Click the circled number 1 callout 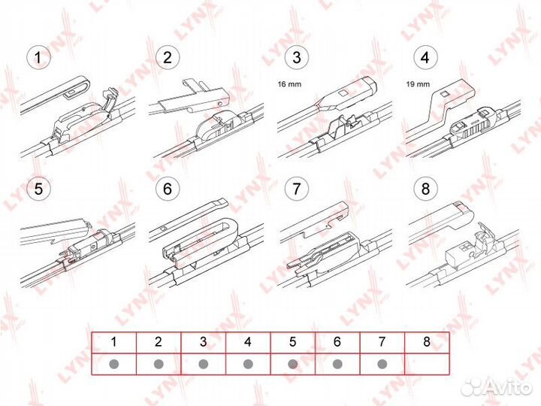coord(38,57)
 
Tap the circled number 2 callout coord(168,57)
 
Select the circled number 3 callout coord(296,57)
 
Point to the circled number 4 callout coord(425,57)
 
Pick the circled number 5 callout coord(38,189)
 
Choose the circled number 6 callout coord(168,189)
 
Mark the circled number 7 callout coord(296,189)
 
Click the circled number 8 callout coord(425,189)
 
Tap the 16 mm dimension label coord(289,84)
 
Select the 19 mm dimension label coord(418,84)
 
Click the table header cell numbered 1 coord(114,343)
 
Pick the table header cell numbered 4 coord(248,343)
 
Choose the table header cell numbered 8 coord(427,343)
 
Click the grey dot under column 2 coord(159,364)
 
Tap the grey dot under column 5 coord(292,364)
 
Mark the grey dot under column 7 coord(382,364)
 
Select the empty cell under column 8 coord(427,364)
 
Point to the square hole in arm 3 coord(343,93)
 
